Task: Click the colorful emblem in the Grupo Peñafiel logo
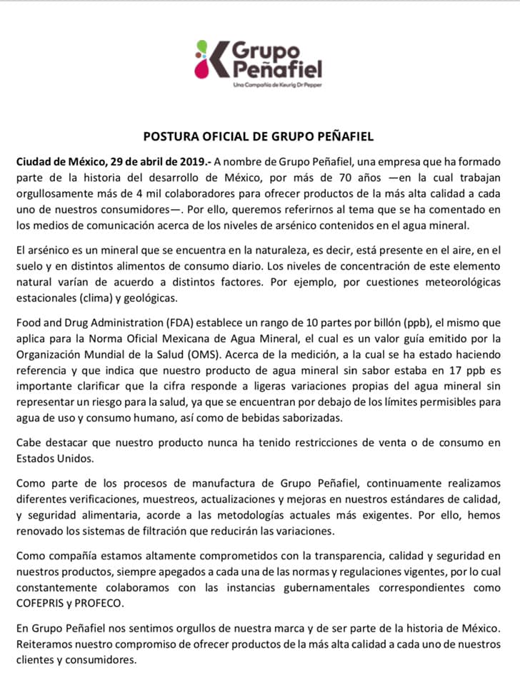click(209, 59)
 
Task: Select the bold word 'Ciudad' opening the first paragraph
click(34, 162)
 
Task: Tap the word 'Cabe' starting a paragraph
click(29, 443)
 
